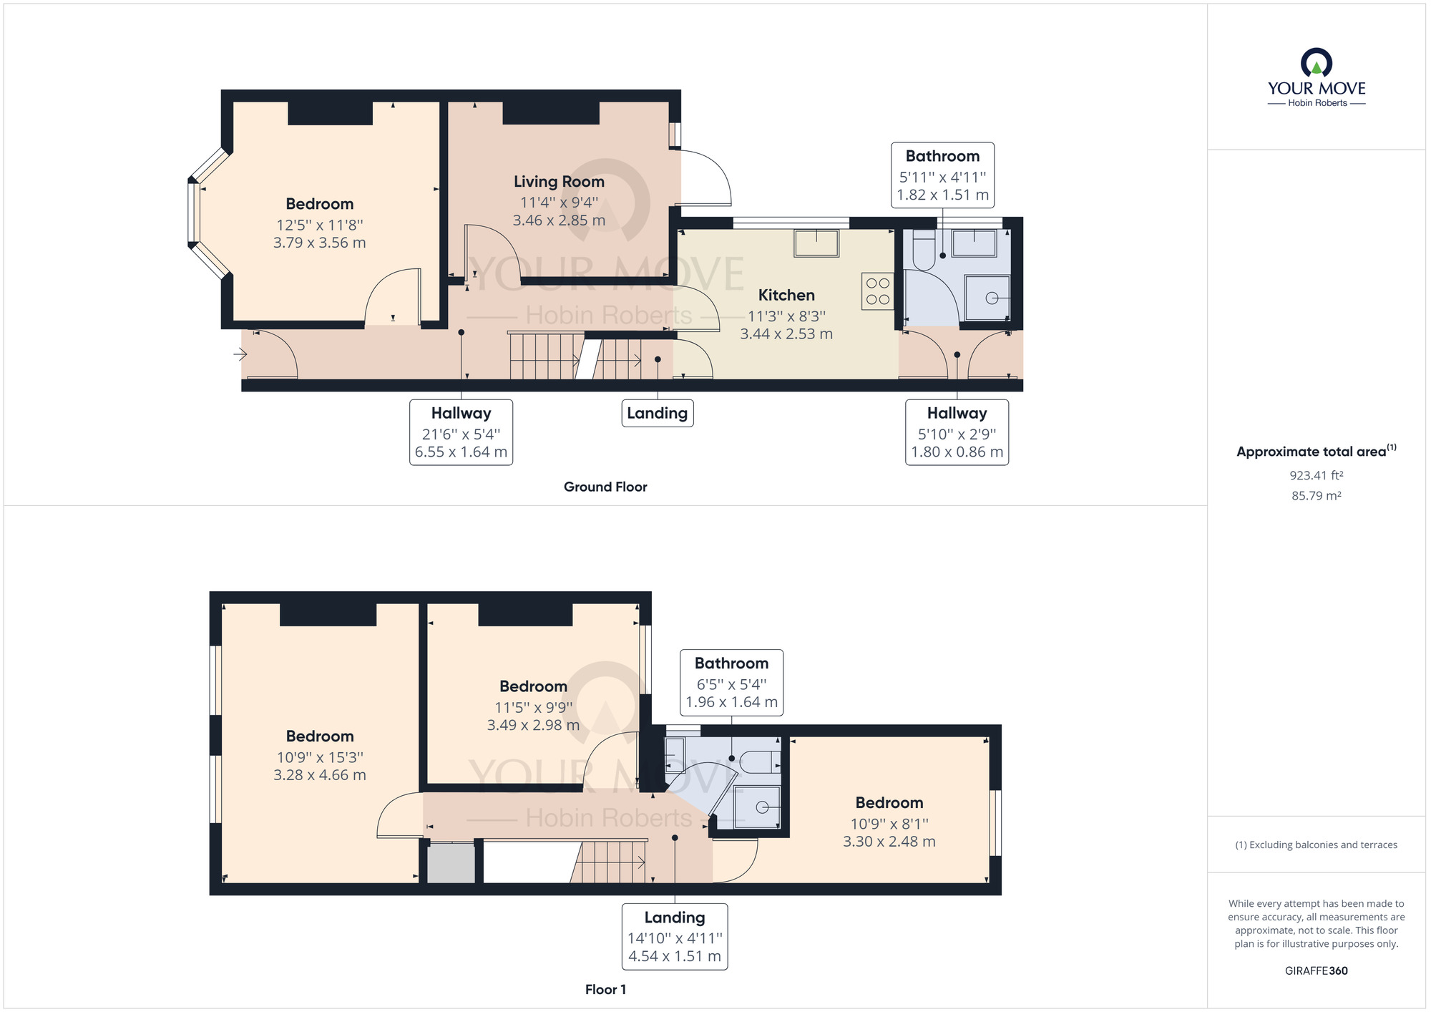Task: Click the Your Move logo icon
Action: coord(1317,62)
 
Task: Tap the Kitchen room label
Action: coord(786,295)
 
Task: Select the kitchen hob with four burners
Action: coord(878,291)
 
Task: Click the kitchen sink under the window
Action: coord(816,243)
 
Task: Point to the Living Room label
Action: coord(559,182)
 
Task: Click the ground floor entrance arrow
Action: coord(240,354)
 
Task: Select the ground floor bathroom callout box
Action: coord(942,175)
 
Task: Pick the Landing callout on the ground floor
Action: coord(657,413)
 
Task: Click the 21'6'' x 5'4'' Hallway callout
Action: coord(461,432)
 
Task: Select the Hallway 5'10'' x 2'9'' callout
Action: coord(957,432)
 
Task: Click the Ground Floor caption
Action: coord(605,487)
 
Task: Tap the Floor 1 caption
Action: coord(605,989)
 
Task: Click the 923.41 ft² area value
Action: coord(1316,475)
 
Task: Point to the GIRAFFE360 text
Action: coord(1316,970)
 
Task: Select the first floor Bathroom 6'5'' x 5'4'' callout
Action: coord(731,683)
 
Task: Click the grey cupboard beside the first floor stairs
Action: coord(451,863)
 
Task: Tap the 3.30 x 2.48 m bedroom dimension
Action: coord(889,842)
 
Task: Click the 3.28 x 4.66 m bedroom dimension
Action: coord(320,775)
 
